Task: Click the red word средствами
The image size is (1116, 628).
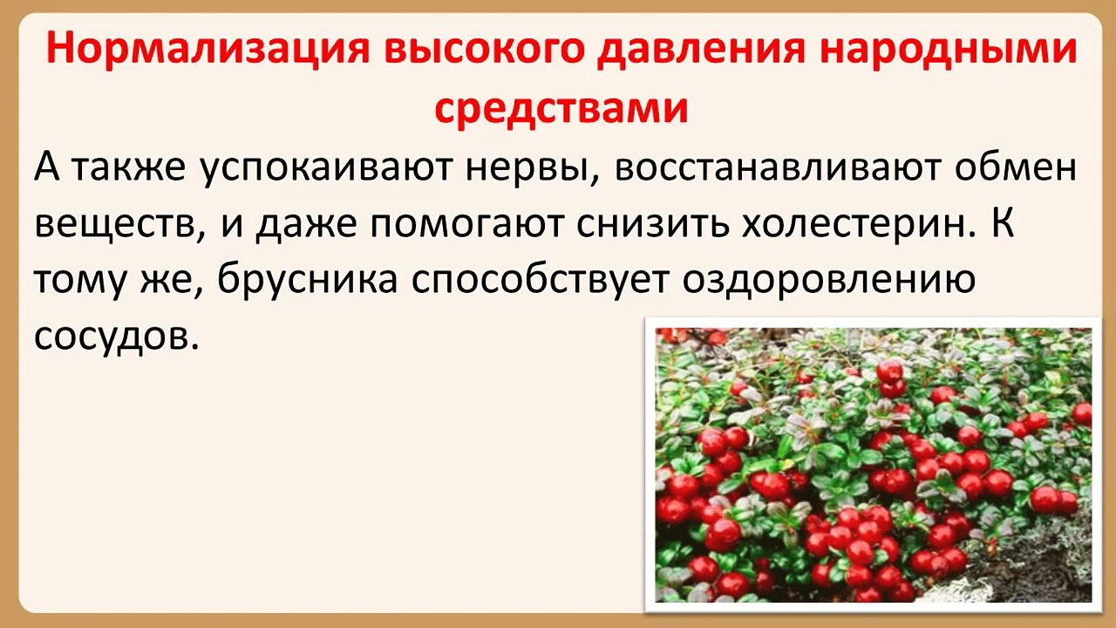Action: [561, 110]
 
